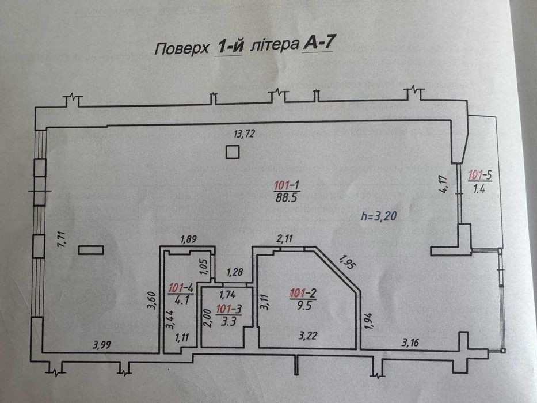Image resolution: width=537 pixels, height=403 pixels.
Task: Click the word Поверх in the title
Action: click(181, 49)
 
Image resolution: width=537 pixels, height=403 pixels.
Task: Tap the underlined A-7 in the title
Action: click(318, 44)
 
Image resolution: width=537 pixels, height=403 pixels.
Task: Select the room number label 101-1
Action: click(287, 186)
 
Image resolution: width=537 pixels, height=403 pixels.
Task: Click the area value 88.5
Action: click(286, 197)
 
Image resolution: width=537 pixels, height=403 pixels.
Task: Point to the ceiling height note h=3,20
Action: click(379, 216)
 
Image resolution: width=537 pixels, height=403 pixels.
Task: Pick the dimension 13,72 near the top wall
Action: click(244, 134)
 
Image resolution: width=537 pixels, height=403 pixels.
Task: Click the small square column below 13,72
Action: click(232, 152)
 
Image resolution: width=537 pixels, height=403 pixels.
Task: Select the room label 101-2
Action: click(303, 293)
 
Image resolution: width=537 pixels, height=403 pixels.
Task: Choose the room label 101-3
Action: click(228, 309)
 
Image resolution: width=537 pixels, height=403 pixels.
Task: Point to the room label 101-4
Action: click(181, 288)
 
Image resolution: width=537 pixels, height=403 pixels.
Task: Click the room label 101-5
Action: click(480, 175)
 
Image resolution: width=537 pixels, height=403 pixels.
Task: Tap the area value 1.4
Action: click(479, 188)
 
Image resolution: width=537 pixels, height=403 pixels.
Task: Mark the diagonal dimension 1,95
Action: click(346, 262)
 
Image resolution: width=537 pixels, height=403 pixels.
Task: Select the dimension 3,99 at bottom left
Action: click(102, 344)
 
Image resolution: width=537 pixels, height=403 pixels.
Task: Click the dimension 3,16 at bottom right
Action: click(410, 342)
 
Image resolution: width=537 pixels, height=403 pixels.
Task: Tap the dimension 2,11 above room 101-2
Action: click(284, 238)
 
